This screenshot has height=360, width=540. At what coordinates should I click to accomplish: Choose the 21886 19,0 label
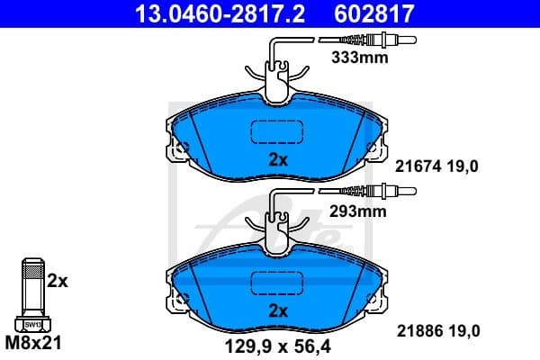[x=438, y=331]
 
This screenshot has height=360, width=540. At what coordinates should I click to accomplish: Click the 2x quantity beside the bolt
[x=58, y=280]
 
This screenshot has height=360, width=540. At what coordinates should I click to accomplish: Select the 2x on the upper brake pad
[x=278, y=161]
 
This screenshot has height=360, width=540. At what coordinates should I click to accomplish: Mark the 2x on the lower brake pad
[x=278, y=311]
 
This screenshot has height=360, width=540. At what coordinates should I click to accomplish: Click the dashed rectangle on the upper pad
[x=278, y=131]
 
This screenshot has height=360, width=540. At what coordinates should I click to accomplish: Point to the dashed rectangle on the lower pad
[x=278, y=283]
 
